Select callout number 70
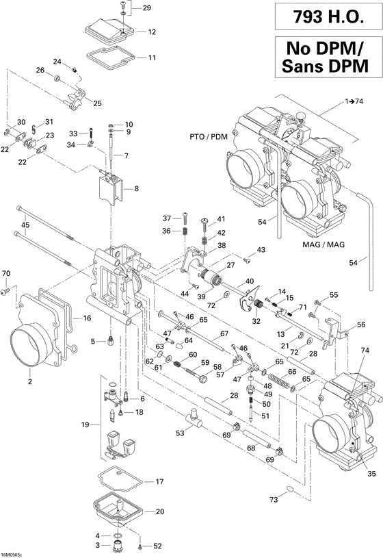[x=6, y=273]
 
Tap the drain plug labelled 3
[x=118, y=545]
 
